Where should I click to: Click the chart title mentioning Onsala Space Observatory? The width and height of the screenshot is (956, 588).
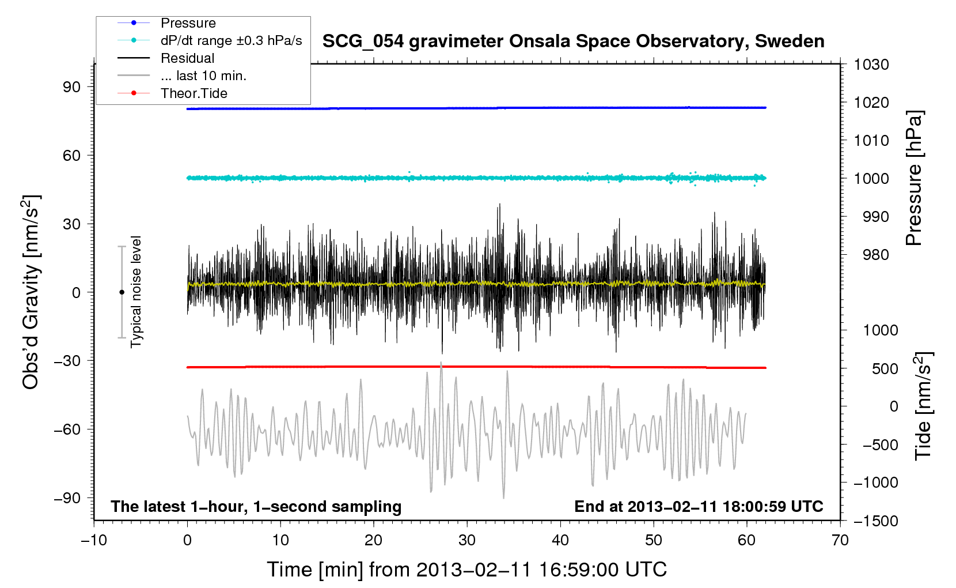pyautogui.click(x=573, y=42)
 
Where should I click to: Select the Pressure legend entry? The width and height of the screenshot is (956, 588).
pyautogui.click(x=188, y=23)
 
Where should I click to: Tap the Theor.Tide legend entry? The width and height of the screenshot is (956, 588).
pyautogui.click(x=194, y=93)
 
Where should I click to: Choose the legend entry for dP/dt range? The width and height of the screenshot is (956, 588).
pyautogui.click(x=231, y=40)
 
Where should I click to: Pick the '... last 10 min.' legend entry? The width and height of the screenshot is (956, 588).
pyautogui.click(x=203, y=76)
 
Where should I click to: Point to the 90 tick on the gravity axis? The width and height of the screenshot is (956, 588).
pyautogui.click(x=72, y=86)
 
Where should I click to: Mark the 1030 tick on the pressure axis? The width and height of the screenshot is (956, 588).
pyautogui.click(x=871, y=65)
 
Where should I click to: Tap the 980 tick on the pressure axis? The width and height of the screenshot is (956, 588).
pyautogui.click(x=875, y=255)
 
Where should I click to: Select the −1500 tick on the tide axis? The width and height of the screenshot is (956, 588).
pyautogui.click(x=875, y=521)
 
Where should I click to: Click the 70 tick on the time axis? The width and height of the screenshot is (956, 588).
pyautogui.click(x=840, y=540)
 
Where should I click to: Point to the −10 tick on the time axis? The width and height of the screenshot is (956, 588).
pyautogui.click(x=94, y=540)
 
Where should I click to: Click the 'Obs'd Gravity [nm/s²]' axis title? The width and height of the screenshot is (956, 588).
pyautogui.click(x=31, y=292)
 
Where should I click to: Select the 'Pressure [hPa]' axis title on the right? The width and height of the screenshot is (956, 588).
pyautogui.click(x=914, y=178)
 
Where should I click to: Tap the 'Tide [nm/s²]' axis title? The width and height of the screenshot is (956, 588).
pyautogui.click(x=923, y=406)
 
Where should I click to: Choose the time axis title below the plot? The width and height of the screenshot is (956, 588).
pyautogui.click(x=466, y=570)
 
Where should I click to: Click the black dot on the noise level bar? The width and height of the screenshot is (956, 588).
pyautogui.click(x=122, y=292)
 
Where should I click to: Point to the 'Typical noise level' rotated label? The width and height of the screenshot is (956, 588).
pyautogui.click(x=136, y=292)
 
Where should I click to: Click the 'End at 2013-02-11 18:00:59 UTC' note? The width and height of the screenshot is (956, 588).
pyautogui.click(x=699, y=506)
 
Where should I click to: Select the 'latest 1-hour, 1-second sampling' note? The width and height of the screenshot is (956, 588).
pyautogui.click(x=256, y=506)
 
